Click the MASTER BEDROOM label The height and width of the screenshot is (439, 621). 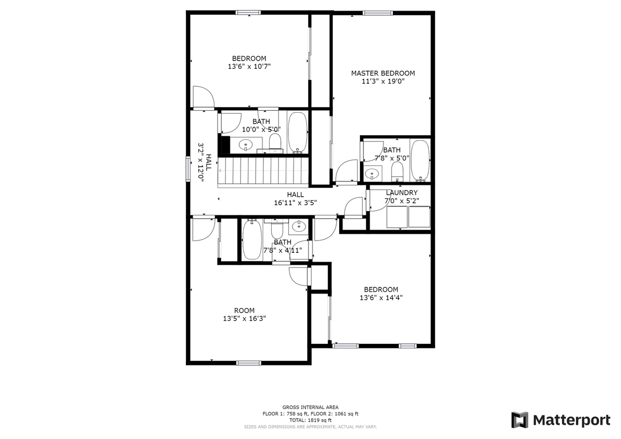(x=383, y=73)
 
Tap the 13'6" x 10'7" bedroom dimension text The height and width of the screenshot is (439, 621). (x=249, y=66)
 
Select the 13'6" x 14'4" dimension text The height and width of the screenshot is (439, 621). (x=381, y=298)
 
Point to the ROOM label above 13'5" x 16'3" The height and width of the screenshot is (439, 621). (x=244, y=310)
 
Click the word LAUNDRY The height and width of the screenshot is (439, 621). (x=401, y=193)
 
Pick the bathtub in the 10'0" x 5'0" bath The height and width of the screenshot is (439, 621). (x=297, y=132)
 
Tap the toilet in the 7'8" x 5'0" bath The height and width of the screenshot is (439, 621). (x=397, y=170)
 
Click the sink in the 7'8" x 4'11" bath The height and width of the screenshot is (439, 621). (x=298, y=225)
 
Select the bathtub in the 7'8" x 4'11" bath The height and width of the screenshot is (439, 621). (x=252, y=240)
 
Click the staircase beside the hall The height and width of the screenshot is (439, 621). (x=263, y=170)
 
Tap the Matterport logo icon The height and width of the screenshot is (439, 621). (x=520, y=420)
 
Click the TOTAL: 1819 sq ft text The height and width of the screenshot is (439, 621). (x=310, y=420)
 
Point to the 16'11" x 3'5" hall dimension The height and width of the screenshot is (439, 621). (x=295, y=203)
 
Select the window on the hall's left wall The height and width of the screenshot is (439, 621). (x=188, y=169)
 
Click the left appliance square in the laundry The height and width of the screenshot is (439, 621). (x=397, y=217)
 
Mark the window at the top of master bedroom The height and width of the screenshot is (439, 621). (x=377, y=13)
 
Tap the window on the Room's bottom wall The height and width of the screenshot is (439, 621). (x=248, y=362)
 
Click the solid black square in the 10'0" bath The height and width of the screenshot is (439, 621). (x=225, y=145)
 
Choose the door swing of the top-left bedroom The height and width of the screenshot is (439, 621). (x=202, y=97)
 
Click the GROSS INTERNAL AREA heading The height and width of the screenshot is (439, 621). (x=310, y=407)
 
